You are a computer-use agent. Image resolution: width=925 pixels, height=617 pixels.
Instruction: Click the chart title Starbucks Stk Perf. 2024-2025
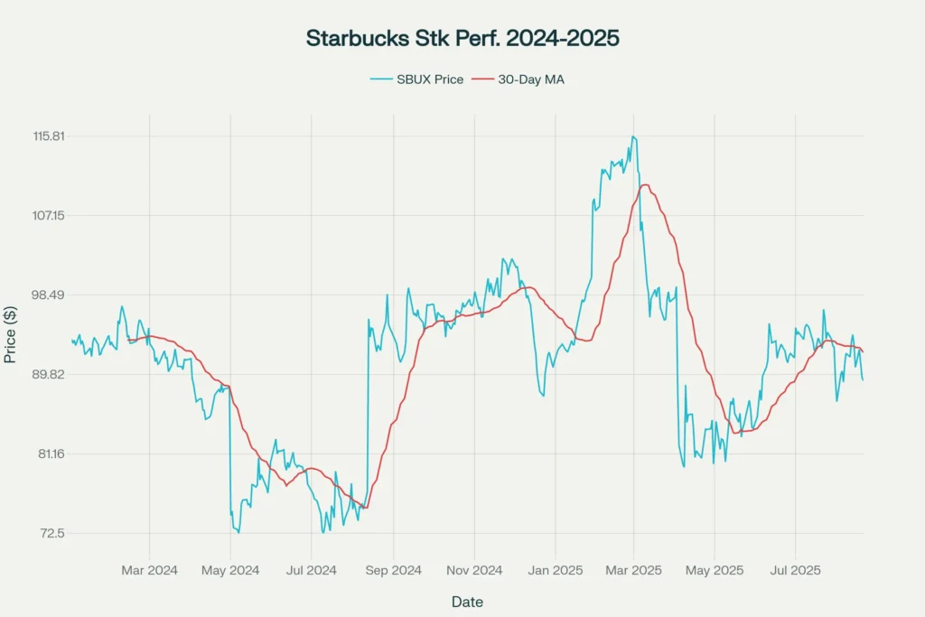[x=462, y=38]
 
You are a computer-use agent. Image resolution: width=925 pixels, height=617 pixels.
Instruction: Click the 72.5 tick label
[x=52, y=533]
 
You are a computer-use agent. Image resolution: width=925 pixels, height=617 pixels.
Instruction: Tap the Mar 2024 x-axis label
[x=150, y=570]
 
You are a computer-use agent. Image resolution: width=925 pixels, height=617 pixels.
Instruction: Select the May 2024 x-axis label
[x=230, y=570]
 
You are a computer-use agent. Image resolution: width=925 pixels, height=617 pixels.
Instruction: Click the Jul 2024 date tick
[x=312, y=570]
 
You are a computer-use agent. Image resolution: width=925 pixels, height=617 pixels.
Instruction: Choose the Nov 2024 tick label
[x=474, y=570]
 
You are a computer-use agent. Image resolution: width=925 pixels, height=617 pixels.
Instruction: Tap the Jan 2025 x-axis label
[x=555, y=570]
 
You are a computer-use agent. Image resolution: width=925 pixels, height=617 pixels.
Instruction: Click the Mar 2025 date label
[x=633, y=570]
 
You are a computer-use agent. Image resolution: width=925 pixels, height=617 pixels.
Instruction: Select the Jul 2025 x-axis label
[x=795, y=570]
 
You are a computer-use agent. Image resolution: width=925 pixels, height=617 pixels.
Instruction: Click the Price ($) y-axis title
[x=10, y=334]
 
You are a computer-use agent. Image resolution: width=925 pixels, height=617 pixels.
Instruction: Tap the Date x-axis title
[x=467, y=602]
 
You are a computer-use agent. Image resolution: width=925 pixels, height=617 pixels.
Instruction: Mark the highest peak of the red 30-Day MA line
[x=644, y=185]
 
